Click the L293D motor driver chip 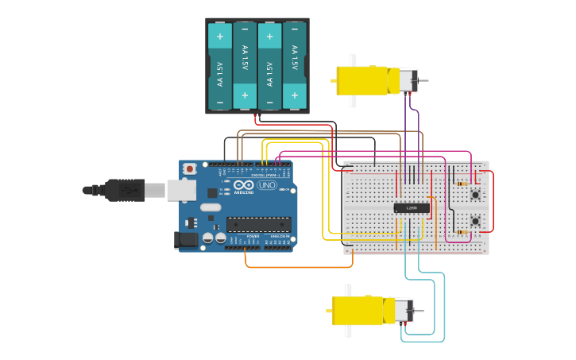click(412, 208)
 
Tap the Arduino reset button click(190, 168)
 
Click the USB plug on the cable click(124, 190)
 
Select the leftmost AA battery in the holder click(220, 66)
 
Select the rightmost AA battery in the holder click(294, 66)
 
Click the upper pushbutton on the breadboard click(475, 194)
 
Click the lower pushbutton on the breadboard click(475, 221)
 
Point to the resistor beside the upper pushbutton click(462, 184)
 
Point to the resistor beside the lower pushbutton click(462, 232)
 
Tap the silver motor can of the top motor click(408, 79)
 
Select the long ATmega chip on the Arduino click(258, 224)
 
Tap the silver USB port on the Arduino click(181, 190)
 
